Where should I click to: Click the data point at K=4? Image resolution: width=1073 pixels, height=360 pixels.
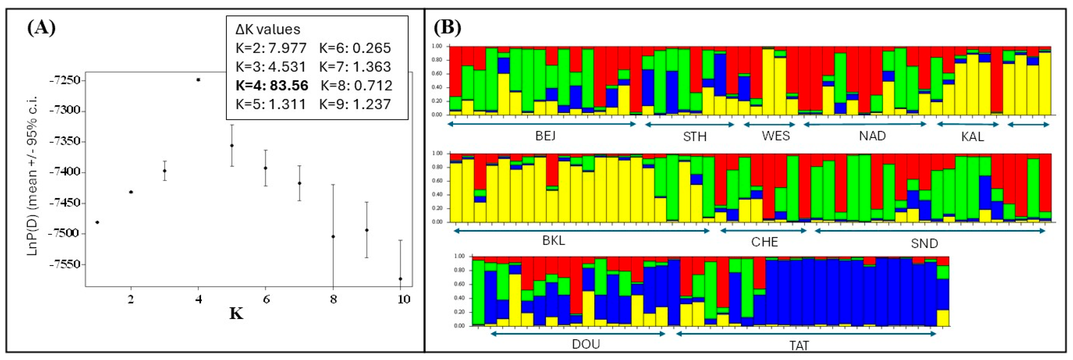pyautogui.click(x=198, y=80)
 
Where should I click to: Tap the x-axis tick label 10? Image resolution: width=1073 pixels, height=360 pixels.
pyautogui.click(x=403, y=299)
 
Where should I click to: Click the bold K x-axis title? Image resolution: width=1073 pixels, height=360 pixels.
pyautogui.click(x=236, y=313)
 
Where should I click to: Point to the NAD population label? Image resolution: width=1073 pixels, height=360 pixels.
pyautogui.click(x=872, y=136)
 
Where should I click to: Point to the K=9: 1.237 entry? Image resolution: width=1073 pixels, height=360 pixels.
pyautogui.click(x=355, y=104)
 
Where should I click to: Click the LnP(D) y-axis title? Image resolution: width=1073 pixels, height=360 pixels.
pyautogui.click(x=33, y=175)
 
